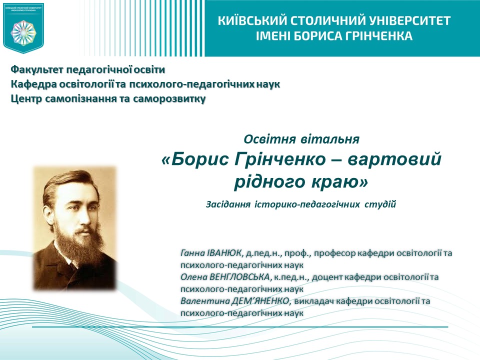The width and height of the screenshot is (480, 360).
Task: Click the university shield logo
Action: pos(23,27)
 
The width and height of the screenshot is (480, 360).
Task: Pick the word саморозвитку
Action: pos(169,98)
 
